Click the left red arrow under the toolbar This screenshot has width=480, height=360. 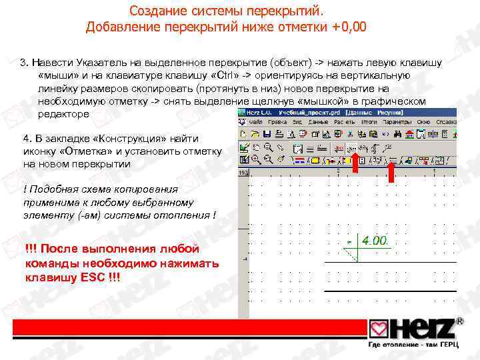(x=355, y=166)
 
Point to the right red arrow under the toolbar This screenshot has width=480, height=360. (x=391, y=170)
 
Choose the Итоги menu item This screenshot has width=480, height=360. (x=369, y=123)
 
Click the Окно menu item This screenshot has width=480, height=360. (x=425, y=123)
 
